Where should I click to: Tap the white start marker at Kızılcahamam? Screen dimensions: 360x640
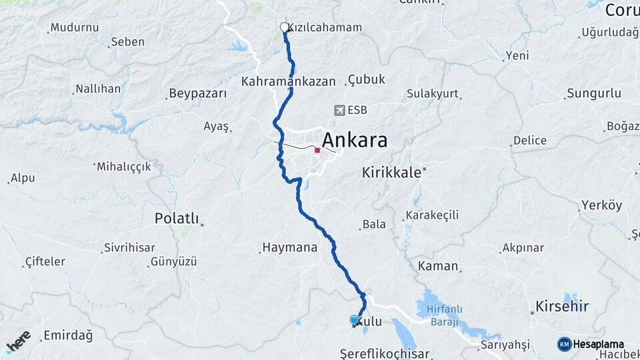click(285, 27)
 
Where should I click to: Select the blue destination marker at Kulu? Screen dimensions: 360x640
click(354, 321)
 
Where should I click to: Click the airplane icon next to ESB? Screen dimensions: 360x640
click(341, 110)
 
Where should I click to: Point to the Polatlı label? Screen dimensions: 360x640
click(176, 218)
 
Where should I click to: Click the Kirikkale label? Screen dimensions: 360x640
click(391, 172)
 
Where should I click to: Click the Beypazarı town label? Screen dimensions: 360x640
click(198, 93)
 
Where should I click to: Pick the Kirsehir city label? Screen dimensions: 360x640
click(562, 307)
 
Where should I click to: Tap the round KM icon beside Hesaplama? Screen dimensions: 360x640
click(564, 344)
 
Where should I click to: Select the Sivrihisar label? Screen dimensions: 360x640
click(129, 248)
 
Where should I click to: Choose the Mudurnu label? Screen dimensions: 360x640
click(75, 28)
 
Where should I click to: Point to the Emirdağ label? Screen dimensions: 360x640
click(67, 335)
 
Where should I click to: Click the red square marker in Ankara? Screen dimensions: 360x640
click(317, 151)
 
